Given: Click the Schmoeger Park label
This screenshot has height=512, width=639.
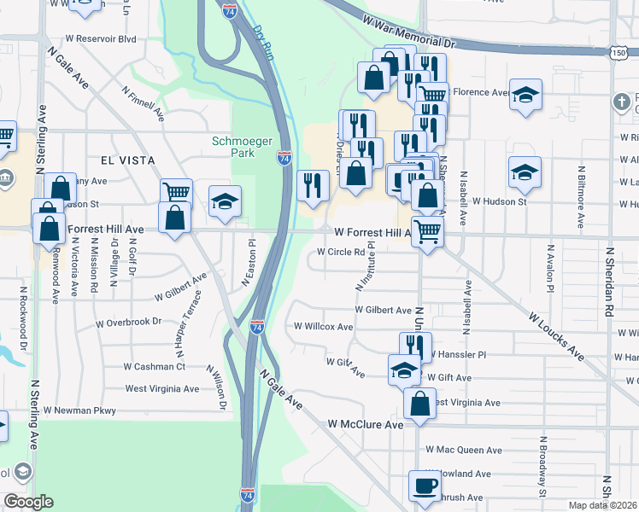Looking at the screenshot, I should point(233,147).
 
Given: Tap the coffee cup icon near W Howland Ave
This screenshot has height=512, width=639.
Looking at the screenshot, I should point(425,487).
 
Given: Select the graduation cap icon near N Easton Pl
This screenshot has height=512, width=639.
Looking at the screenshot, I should point(225,201).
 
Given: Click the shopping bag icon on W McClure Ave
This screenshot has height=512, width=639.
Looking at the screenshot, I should point(419,404).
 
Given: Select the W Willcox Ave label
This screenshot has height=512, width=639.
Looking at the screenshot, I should point(323,326).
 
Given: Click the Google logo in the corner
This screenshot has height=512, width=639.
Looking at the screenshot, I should point(28,502).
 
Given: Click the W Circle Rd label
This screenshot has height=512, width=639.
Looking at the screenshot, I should point(341,253).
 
